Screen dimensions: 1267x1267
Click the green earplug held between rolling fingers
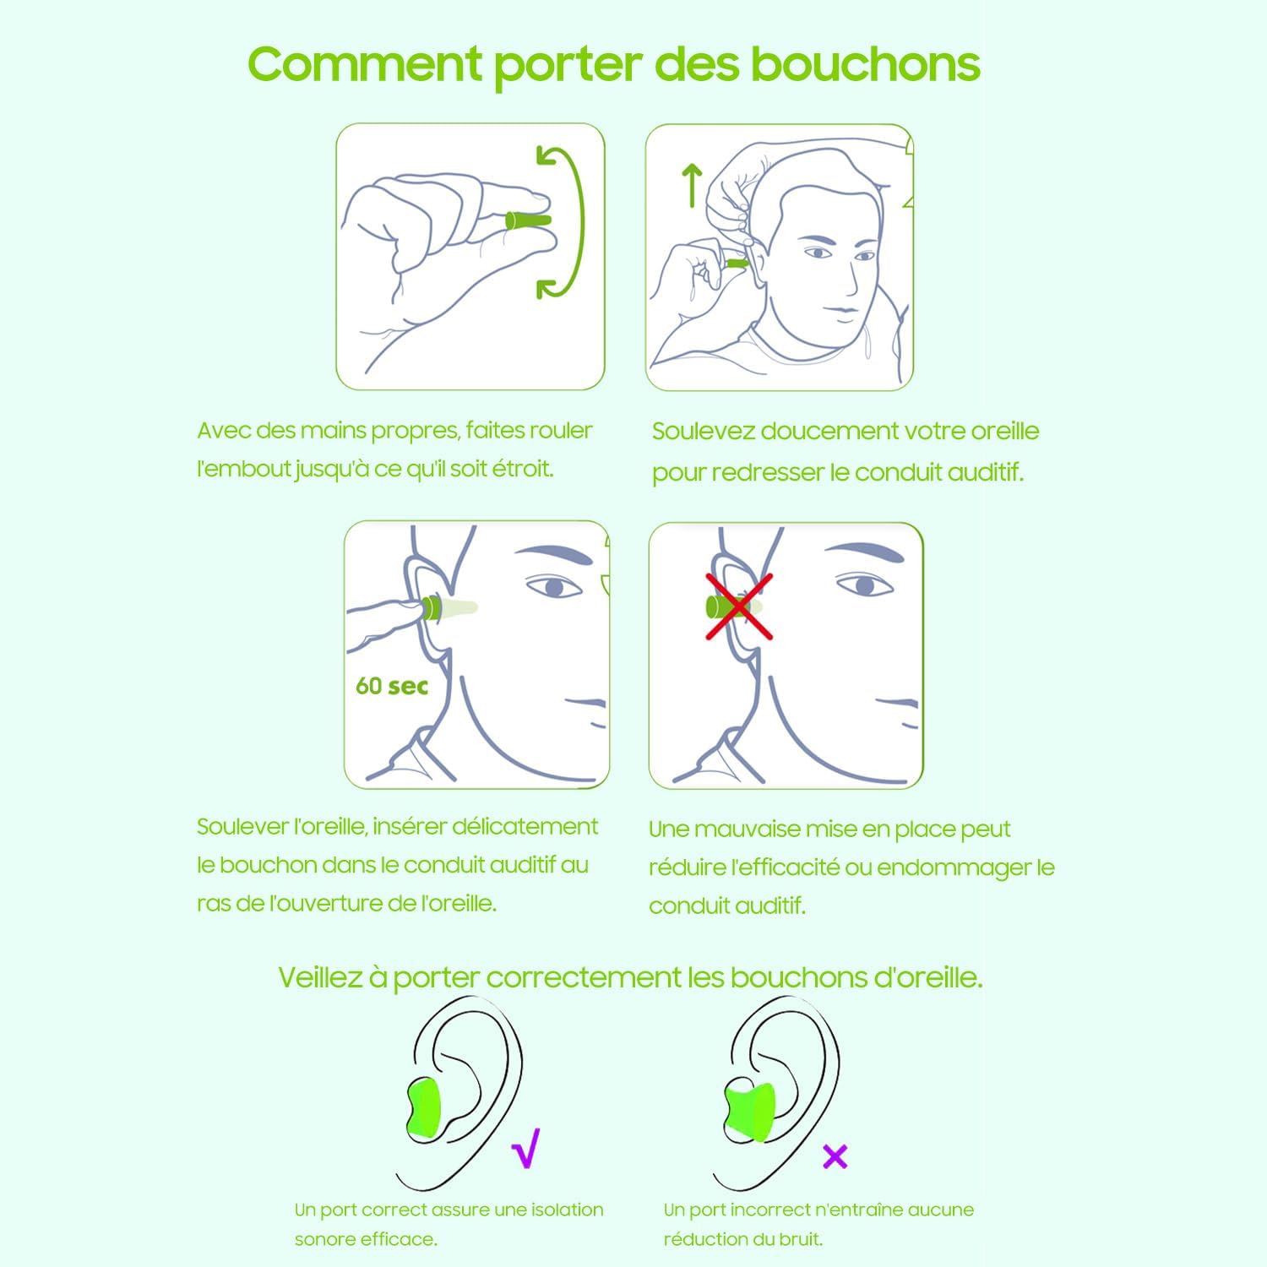point(528,220)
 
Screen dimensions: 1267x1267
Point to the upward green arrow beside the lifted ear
point(692,185)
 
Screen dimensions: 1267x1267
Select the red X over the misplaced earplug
point(739,605)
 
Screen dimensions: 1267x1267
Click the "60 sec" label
point(392,686)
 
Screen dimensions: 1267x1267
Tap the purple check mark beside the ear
point(525,1148)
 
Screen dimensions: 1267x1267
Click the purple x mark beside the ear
point(835,1156)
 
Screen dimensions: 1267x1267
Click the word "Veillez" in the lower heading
point(320,977)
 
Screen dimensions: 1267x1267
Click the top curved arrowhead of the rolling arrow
point(547,156)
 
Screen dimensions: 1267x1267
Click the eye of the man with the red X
point(862,584)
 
